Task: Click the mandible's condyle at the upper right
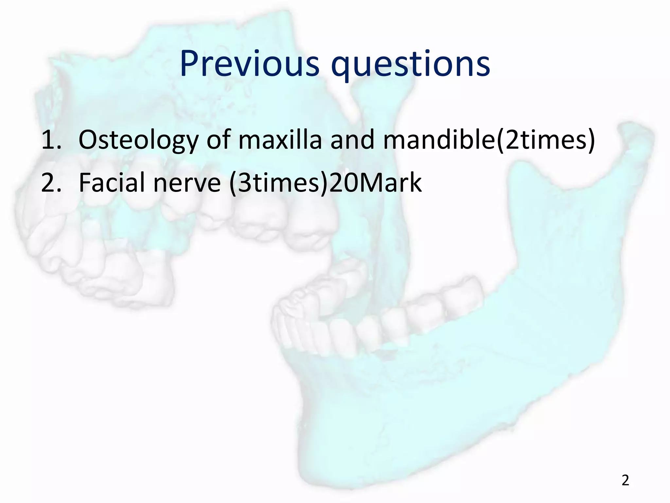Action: [631, 134]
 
